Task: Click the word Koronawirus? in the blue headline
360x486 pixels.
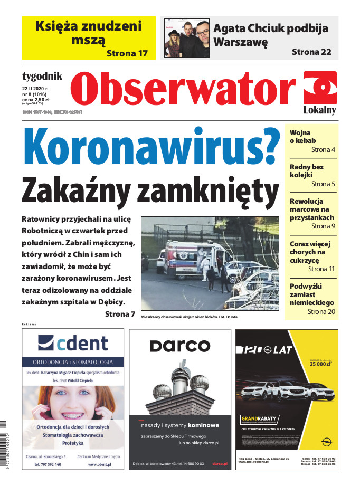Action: pos(151,149)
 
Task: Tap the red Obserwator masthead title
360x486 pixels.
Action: pos(183,89)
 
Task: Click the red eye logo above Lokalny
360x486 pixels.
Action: pos(320,88)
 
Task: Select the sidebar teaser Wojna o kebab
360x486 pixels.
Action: pos(300,137)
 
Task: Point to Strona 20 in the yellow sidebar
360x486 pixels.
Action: pos(321,312)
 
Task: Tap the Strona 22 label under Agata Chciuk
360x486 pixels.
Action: pos(312,52)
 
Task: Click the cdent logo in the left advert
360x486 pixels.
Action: pos(73,344)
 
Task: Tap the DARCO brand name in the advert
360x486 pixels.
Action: pos(179,346)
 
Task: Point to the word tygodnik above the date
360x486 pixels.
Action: pos(42,76)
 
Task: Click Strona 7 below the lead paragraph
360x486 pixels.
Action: pos(120,314)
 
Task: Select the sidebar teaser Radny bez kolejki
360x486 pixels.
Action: pos(307,171)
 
